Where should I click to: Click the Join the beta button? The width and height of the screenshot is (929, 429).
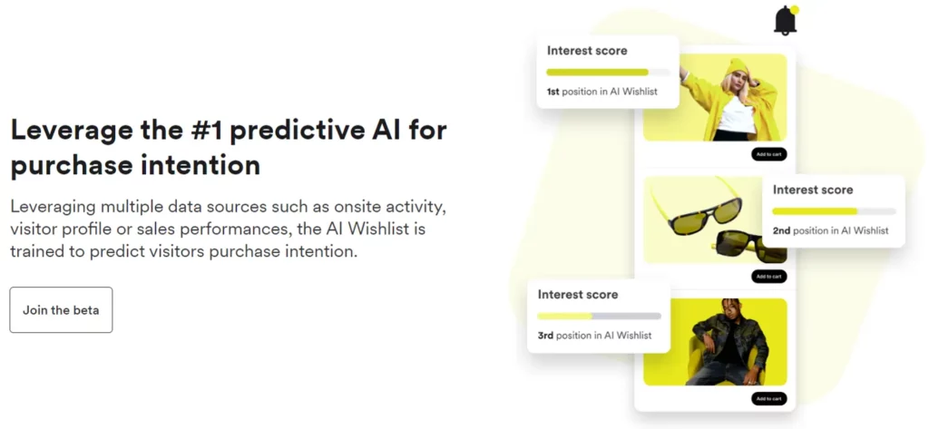click(61, 310)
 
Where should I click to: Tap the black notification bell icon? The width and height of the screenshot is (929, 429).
click(785, 21)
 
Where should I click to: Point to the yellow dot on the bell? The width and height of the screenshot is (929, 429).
click(795, 10)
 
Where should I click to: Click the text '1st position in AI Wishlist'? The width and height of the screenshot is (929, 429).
click(601, 92)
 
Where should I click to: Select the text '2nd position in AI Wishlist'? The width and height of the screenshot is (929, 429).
click(830, 230)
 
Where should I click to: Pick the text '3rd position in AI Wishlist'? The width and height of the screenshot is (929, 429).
click(594, 336)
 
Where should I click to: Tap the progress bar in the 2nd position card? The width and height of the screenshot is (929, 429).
click(833, 211)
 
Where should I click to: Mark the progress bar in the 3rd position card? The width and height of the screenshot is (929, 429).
click(599, 316)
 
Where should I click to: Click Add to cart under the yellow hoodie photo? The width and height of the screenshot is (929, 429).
click(768, 154)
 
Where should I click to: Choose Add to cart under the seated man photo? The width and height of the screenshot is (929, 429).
click(768, 399)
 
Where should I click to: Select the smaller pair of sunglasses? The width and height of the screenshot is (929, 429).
click(738, 245)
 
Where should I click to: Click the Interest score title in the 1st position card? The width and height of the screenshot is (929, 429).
click(587, 51)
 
